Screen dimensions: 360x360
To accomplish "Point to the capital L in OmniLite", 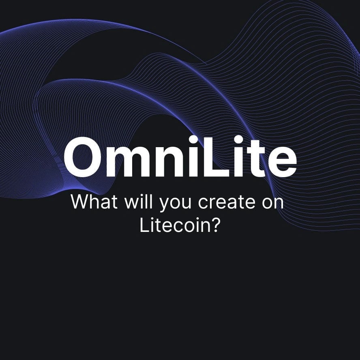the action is point(215,157).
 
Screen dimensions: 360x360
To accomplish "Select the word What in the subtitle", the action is point(94,201).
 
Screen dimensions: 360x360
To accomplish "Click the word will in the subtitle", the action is point(138,201).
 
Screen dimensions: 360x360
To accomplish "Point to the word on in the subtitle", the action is point(273,203).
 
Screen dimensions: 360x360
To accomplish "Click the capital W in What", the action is point(80,201).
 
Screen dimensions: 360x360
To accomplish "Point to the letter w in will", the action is point(132,203).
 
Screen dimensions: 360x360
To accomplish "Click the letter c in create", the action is point(203,203).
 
